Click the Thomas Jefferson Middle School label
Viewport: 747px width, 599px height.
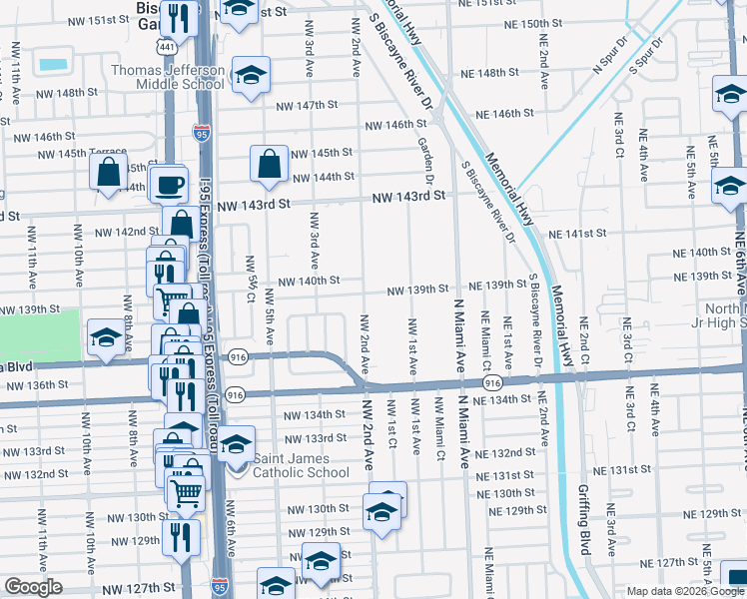[168, 78]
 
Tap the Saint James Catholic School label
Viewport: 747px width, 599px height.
[300, 465]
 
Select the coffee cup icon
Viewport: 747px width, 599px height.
[169, 185]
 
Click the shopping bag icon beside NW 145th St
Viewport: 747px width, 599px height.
[270, 164]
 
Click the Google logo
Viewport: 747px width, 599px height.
[33, 587]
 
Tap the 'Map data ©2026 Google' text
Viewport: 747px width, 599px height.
[686, 591]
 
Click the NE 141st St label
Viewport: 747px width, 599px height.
[579, 234]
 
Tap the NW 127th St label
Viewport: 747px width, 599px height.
[150, 588]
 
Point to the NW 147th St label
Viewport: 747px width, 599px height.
[310, 105]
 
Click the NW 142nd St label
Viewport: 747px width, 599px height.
[127, 232]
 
